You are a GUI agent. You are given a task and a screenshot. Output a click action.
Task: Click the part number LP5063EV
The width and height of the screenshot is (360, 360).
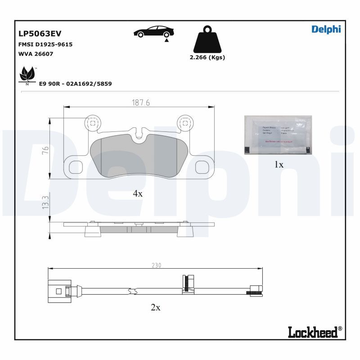click(x=40, y=34)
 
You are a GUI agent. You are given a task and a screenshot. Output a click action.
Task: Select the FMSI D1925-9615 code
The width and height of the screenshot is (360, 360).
click(x=45, y=45)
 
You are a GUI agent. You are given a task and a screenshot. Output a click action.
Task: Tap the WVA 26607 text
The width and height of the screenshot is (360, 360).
click(x=36, y=54)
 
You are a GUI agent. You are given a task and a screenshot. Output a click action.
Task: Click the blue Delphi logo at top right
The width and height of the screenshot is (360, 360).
click(x=326, y=29)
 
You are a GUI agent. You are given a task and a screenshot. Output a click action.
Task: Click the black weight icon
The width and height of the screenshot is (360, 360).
click(x=207, y=39)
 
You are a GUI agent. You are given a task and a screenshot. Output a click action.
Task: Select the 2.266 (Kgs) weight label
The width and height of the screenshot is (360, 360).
click(x=207, y=58)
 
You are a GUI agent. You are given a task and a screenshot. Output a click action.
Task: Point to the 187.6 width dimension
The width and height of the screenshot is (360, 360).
click(x=140, y=103)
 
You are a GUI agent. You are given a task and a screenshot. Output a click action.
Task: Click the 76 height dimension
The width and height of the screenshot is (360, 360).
click(x=45, y=150)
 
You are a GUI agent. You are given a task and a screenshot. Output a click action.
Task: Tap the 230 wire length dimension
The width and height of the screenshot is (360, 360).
click(x=156, y=265)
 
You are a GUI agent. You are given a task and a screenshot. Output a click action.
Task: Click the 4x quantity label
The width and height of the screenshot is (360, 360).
click(x=137, y=193)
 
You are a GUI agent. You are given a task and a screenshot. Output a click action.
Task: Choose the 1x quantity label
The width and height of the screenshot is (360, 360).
click(x=279, y=165)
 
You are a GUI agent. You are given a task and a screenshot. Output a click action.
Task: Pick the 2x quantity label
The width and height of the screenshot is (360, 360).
click(x=155, y=308)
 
